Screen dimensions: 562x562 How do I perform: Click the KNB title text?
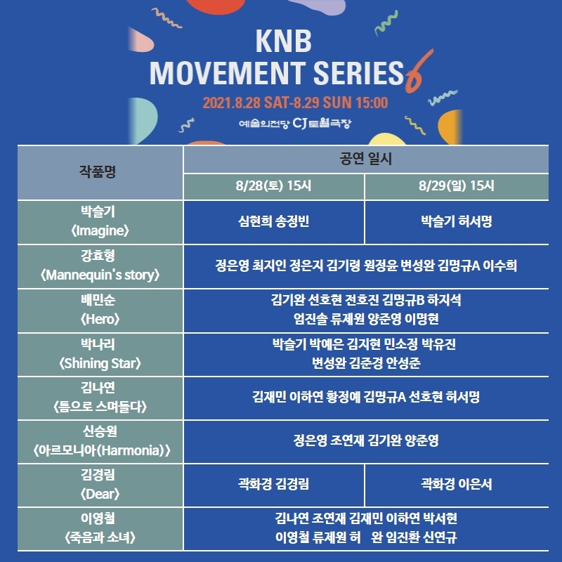[284, 41]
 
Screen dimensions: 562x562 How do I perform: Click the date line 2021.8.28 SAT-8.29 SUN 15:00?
[295, 103]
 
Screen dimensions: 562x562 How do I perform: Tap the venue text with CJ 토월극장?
[295, 124]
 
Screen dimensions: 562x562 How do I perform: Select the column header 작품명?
[98, 171]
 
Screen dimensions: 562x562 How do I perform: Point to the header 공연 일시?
[365, 159]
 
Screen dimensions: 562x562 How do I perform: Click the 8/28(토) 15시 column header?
[273, 185]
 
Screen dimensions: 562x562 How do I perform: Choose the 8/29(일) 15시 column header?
[456, 185]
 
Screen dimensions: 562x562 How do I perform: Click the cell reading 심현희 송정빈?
[273, 221]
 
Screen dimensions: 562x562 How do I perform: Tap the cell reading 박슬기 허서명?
[456, 221]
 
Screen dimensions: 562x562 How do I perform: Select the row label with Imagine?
[100, 221]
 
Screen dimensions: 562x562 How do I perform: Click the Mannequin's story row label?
[100, 266]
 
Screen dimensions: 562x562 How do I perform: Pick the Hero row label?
[100, 309]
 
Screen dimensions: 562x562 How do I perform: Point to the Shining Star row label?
[100, 354]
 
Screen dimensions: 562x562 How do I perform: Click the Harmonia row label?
[101, 441]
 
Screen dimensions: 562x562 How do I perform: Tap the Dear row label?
[100, 485]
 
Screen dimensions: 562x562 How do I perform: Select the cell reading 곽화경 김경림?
[273, 484]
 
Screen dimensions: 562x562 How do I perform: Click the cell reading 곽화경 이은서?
[456, 484]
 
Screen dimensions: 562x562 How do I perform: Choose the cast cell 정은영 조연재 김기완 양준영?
[366, 440]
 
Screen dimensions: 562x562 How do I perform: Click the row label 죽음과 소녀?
[100, 528]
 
